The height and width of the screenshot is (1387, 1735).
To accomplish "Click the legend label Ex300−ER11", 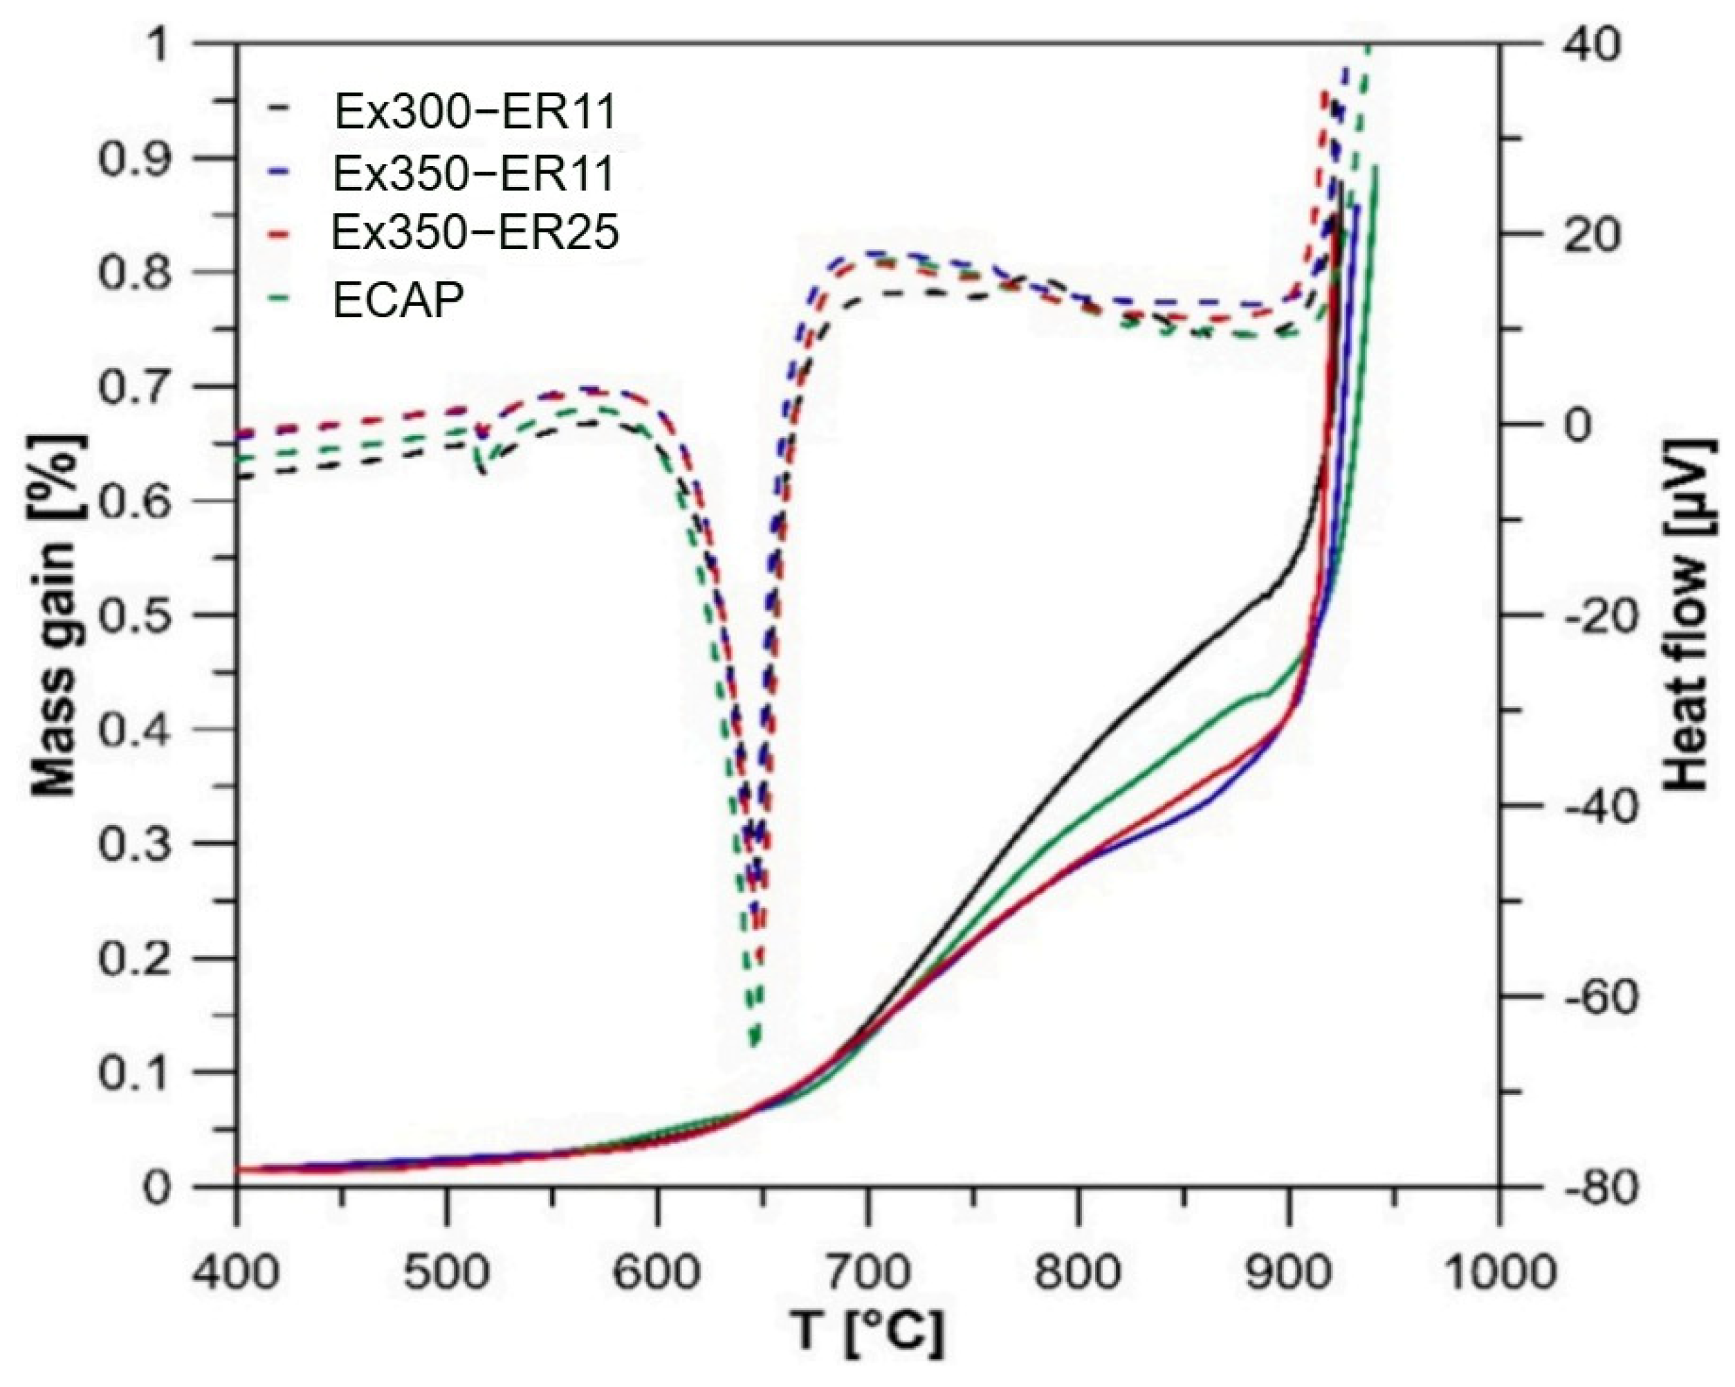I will click(x=475, y=113).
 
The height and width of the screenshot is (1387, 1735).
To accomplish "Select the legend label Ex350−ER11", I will click(x=475, y=174).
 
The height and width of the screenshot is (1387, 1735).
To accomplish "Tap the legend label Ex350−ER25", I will click(x=475, y=234).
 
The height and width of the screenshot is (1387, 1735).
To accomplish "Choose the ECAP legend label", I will click(x=399, y=302).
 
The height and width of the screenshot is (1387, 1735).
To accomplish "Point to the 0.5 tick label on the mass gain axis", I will click(x=134, y=615).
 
